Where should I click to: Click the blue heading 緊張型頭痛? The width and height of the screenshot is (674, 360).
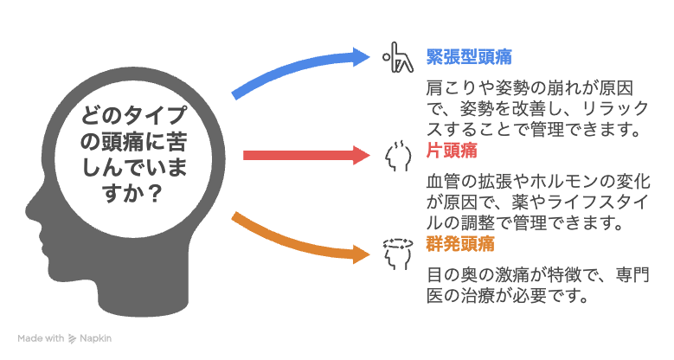click(x=469, y=57)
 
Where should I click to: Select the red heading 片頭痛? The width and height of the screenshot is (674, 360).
click(x=452, y=151)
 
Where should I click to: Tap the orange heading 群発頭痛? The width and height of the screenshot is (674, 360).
click(x=460, y=244)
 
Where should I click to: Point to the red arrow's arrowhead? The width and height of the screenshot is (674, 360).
click(x=361, y=155)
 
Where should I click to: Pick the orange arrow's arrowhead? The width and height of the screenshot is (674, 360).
click(x=361, y=254)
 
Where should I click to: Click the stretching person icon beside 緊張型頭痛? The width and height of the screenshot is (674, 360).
click(x=398, y=57)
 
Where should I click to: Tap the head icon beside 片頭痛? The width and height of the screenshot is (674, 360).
click(x=398, y=156)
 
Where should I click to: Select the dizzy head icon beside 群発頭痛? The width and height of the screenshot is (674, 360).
click(x=398, y=254)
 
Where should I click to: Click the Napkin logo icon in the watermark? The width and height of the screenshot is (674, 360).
click(x=72, y=339)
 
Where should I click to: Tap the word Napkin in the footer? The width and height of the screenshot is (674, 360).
click(x=95, y=339)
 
